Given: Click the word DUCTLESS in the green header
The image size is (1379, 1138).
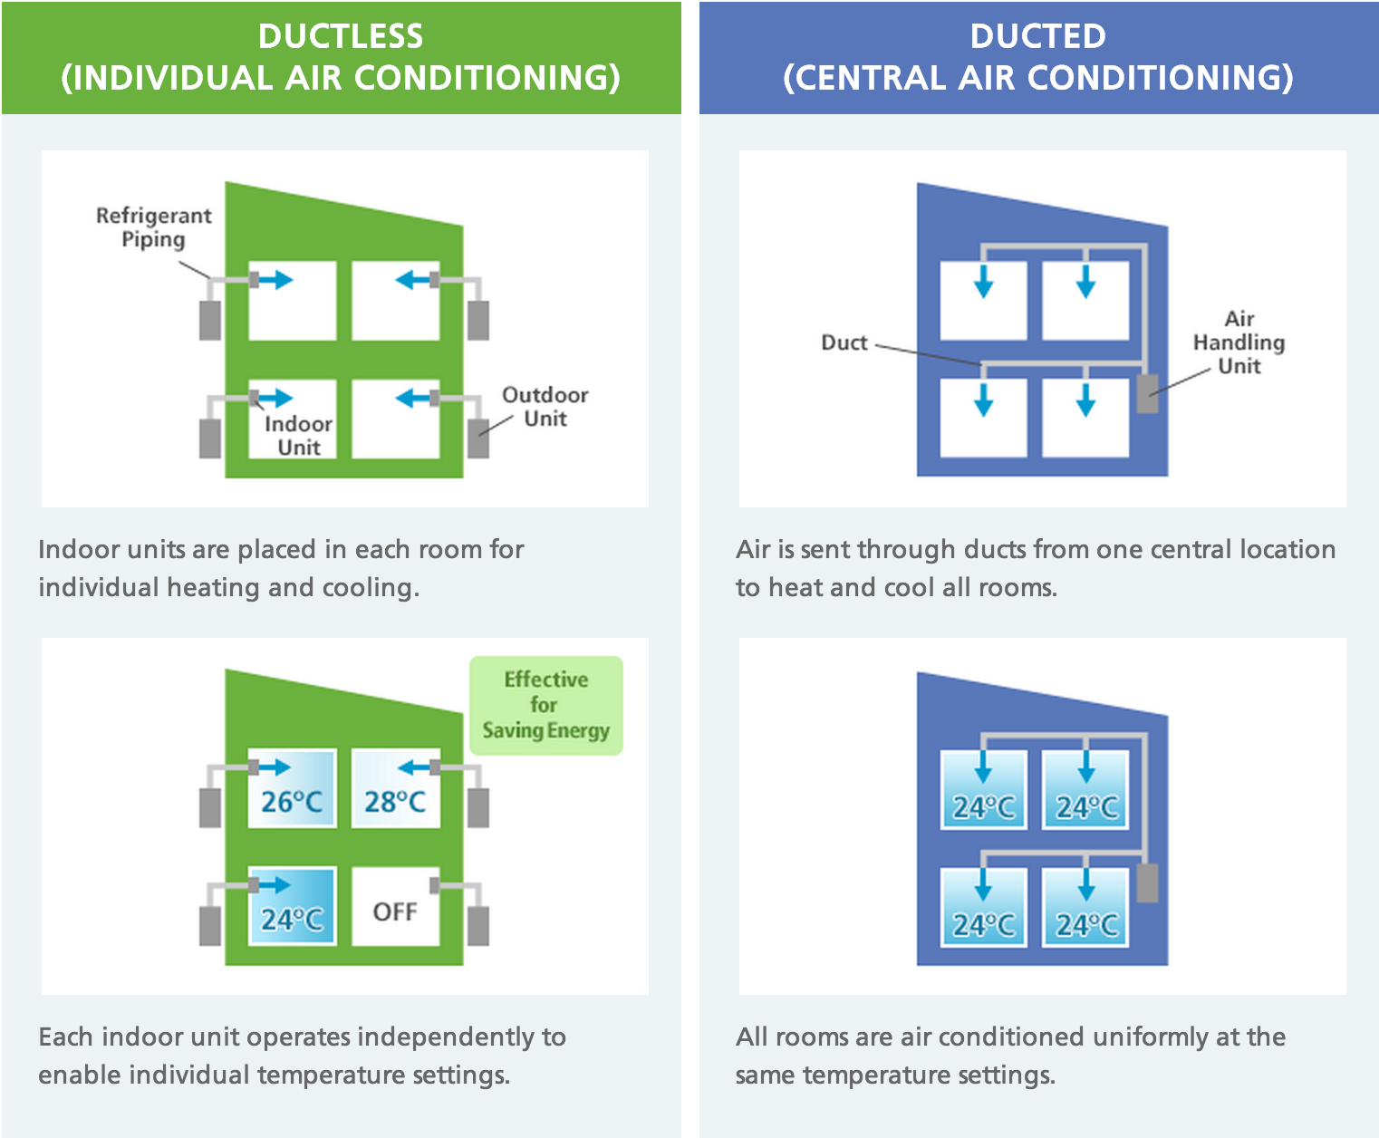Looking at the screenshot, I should point(341,36).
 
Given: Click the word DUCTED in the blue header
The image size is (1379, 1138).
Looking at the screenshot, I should point(1037,36).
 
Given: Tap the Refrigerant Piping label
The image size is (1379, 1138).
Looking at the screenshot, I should point(153,227).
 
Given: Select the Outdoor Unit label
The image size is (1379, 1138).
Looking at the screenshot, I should point(545,407).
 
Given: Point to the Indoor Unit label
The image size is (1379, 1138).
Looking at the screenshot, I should point(298,436).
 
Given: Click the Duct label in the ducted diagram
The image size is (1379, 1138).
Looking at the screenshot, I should point(844,342).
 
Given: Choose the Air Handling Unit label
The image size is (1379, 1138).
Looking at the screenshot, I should point(1239,342).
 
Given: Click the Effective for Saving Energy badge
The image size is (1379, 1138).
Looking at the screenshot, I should point(545,705).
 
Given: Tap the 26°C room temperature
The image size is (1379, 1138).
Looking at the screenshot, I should point(292,802).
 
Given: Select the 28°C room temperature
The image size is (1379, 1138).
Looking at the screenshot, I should point(395,802).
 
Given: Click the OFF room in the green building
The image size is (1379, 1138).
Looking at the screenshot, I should point(395,911).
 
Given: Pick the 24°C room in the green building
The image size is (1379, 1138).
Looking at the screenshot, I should point(292,920).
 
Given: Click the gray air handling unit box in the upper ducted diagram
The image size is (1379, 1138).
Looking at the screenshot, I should point(1147,394).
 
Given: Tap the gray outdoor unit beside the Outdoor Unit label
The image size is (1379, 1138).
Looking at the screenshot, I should point(478,439).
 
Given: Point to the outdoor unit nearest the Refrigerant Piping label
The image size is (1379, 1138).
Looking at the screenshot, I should point(210,320).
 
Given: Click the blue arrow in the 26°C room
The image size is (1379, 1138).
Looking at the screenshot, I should point(275,767).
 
